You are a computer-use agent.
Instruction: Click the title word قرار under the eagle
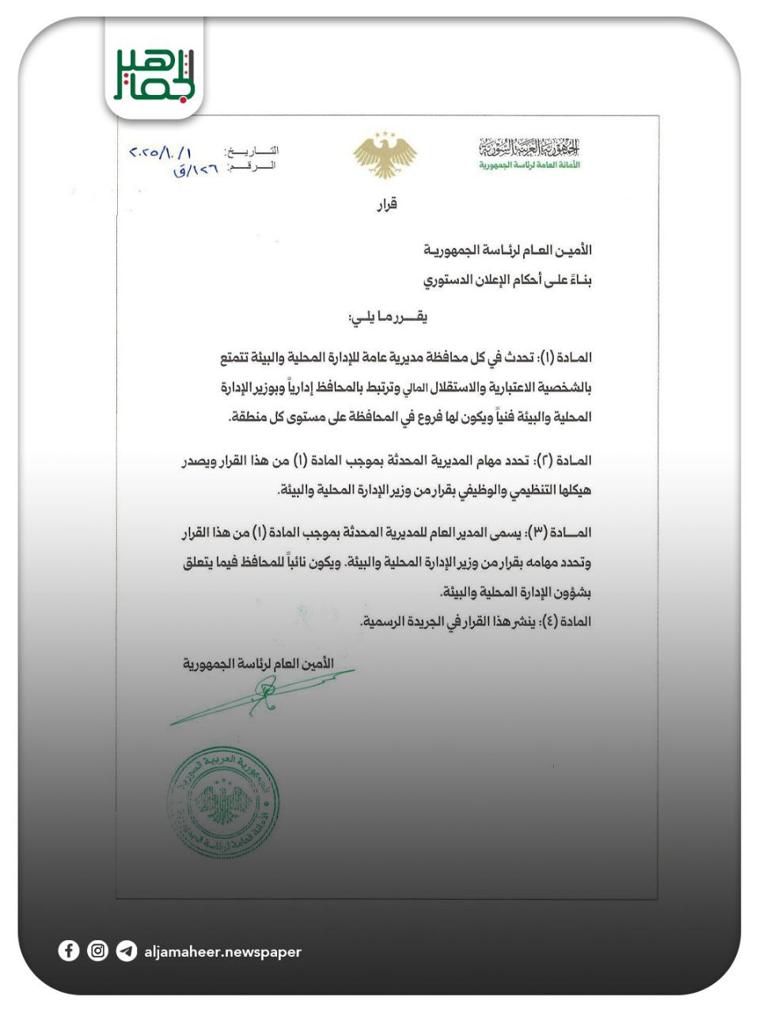[x=385, y=204]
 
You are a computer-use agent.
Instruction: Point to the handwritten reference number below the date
[x=195, y=169]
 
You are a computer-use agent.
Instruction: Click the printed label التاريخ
[x=252, y=150]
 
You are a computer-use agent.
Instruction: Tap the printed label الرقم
[x=252, y=166]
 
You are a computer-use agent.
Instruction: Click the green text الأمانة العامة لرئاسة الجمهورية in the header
[x=529, y=165]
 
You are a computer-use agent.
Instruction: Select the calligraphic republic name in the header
[x=529, y=147]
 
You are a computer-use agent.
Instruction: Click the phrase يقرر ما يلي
[x=387, y=318]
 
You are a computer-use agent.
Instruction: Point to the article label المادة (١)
[x=564, y=359]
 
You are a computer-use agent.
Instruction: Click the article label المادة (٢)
[x=564, y=461]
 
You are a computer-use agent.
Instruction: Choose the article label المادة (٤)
[x=565, y=622]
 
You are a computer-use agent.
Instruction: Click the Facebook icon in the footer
[x=69, y=950]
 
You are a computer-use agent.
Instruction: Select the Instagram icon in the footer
[x=97, y=950]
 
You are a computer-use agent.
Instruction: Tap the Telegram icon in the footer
[x=126, y=950]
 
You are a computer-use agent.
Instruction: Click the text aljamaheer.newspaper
[x=222, y=952]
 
